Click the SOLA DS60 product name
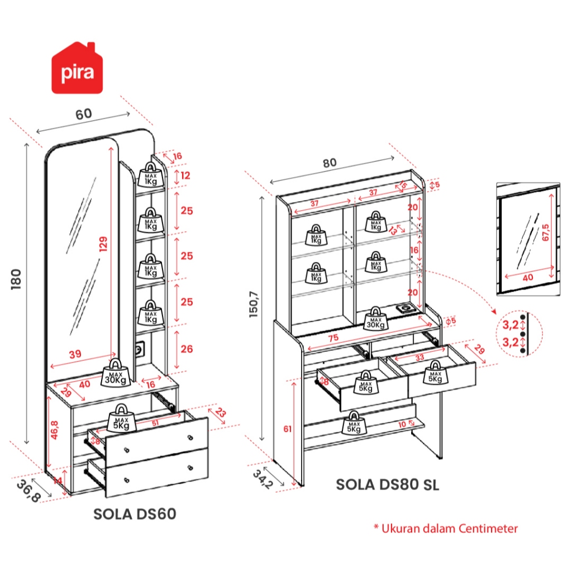click(x=135, y=514)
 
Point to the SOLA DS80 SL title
click(x=387, y=484)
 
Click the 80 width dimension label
click(x=329, y=163)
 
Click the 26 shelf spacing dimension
click(x=187, y=349)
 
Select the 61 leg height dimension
click(x=287, y=429)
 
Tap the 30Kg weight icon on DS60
click(x=117, y=376)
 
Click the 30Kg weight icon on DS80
click(x=375, y=318)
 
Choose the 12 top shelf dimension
click(x=186, y=176)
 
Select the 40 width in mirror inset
click(x=527, y=277)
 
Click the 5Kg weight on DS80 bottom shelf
click(x=353, y=425)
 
